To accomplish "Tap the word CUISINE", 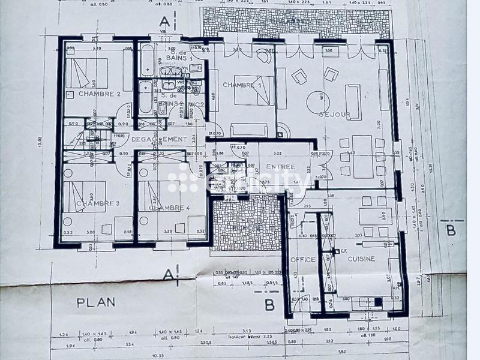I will [x=360, y=259].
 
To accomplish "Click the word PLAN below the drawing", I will [x=95, y=302].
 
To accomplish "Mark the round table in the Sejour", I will [x=319, y=100].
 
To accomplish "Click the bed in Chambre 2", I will [x=86, y=73].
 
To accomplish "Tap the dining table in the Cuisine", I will [x=374, y=216].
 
